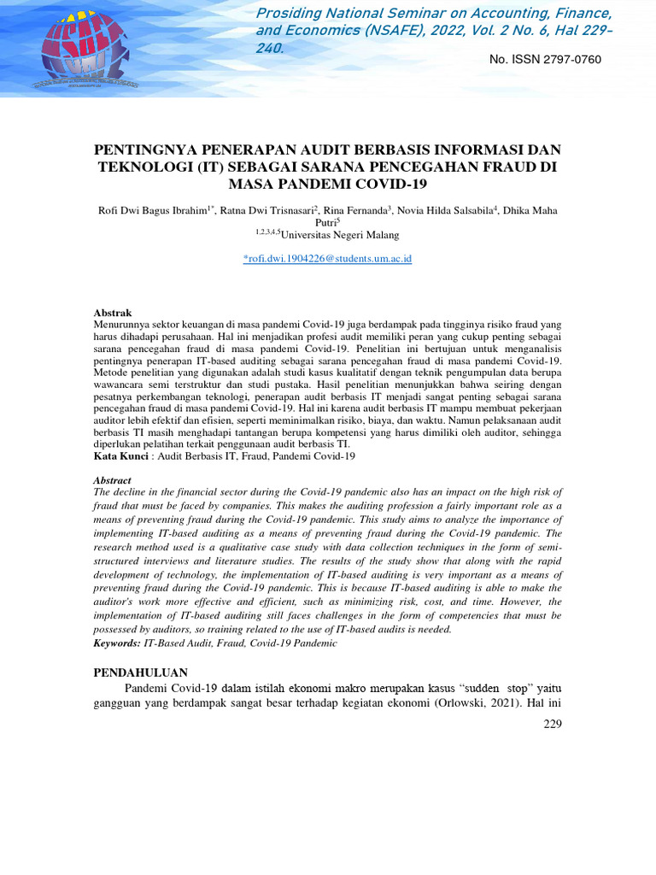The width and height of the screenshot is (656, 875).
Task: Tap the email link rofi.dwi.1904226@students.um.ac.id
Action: click(x=327, y=258)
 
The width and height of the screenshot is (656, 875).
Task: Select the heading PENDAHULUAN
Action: click(x=140, y=672)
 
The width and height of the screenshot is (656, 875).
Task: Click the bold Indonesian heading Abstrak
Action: click(x=112, y=314)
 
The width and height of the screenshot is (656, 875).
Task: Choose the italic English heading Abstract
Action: click(x=113, y=480)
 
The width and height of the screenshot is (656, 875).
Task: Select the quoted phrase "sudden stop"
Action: click(x=501, y=688)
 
